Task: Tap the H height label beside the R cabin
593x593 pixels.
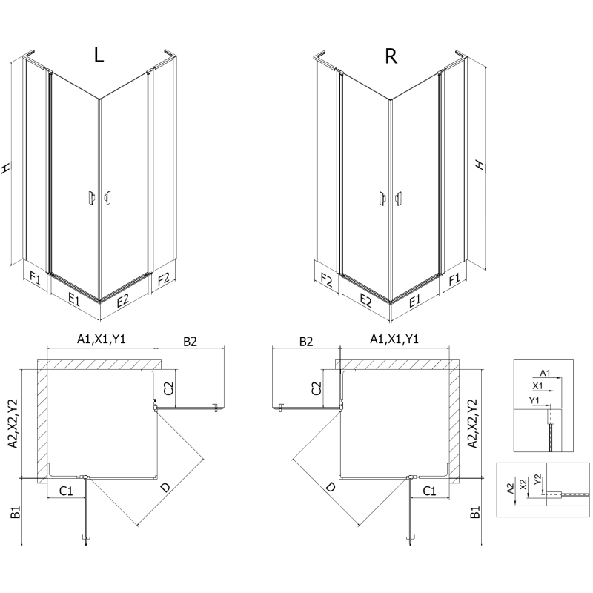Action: pyautogui.click(x=480, y=165)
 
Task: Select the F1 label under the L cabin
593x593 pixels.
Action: pyautogui.click(x=35, y=279)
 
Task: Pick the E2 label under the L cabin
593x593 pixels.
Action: pyautogui.click(x=122, y=299)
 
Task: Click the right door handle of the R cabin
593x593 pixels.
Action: pyautogui.click(x=400, y=197)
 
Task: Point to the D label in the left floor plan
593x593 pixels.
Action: pyautogui.click(x=165, y=488)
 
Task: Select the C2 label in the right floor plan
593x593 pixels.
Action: pyautogui.click(x=317, y=387)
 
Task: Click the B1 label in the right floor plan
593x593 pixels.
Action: pyautogui.click(x=476, y=511)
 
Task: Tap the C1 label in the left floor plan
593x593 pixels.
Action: pyautogui.click(x=66, y=490)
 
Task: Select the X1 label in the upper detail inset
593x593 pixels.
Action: pyautogui.click(x=538, y=386)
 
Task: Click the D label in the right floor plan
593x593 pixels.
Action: pyautogui.click(x=329, y=488)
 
